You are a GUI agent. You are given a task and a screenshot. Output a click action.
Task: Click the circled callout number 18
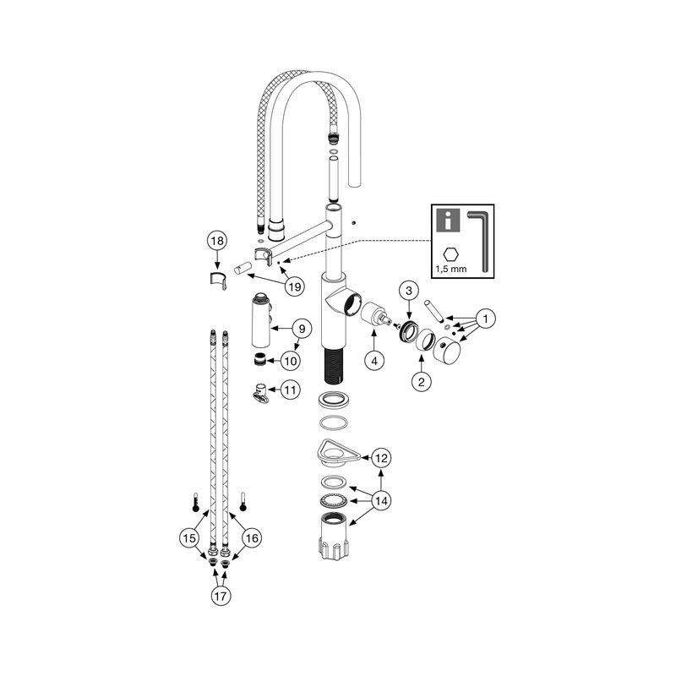[218, 241]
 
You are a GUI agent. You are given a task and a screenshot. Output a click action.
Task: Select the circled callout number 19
[293, 287]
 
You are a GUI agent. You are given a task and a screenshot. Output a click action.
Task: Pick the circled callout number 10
[290, 361]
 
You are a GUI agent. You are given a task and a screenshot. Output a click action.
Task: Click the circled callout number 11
[290, 390]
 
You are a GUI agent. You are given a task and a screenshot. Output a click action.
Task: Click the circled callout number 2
[420, 381]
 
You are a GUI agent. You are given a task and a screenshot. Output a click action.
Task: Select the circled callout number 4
[373, 359]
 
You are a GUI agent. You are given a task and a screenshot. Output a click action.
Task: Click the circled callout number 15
[189, 537]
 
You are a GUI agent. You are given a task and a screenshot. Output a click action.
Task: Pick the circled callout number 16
[251, 537]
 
